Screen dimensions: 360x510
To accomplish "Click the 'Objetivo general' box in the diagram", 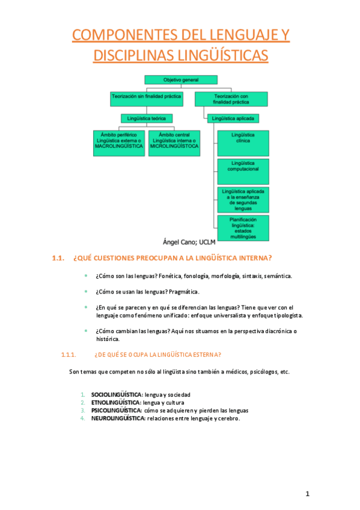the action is tap(181, 80).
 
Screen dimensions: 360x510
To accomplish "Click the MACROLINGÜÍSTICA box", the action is tap(119, 143).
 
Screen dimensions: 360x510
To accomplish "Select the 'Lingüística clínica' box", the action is tap(243, 143).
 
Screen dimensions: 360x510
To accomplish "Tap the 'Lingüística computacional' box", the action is tap(243, 171).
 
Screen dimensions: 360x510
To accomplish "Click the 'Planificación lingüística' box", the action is tap(243, 228).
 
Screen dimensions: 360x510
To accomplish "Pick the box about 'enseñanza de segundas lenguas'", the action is tap(243, 199).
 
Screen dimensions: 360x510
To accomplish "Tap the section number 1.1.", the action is tap(58, 259).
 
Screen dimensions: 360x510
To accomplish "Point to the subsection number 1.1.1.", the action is tap(69, 354).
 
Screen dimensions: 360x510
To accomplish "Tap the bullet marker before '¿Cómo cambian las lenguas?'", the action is tap(85, 331).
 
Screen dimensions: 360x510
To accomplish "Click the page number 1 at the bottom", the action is tap(307, 494).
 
